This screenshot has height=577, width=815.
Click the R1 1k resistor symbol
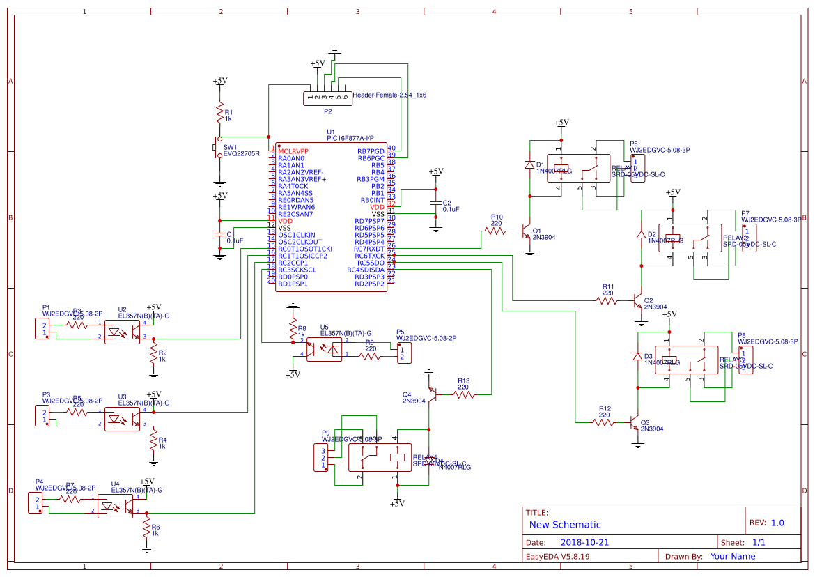(x=220, y=114)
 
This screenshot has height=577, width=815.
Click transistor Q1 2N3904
(x=526, y=232)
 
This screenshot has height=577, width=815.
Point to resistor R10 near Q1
(x=496, y=231)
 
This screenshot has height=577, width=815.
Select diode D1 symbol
(x=530, y=166)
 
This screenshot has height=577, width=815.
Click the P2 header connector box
(x=327, y=98)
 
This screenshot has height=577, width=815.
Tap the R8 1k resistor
(x=293, y=330)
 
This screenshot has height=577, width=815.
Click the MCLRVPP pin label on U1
(x=293, y=151)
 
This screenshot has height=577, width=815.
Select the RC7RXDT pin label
(x=368, y=249)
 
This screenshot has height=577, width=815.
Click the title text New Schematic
(x=565, y=525)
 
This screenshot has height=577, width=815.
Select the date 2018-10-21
(x=584, y=542)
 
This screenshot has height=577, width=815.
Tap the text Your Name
(x=732, y=556)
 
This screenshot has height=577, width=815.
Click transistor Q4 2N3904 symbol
(x=433, y=395)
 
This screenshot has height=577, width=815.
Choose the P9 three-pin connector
(x=323, y=459)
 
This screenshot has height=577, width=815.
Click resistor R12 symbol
(x=604, y=422)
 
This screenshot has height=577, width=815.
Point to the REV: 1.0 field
(x=766, y=523)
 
